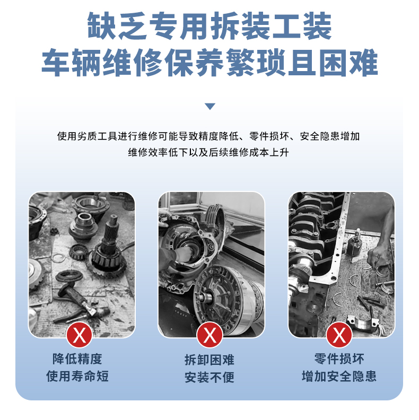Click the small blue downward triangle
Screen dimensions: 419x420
tap(210, 107)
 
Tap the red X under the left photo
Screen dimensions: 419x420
tap(80, 335)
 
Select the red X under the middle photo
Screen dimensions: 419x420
tap(210, 335)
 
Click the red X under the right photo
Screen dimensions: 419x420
tap(339, 335)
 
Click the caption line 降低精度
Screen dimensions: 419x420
tap(77, 359)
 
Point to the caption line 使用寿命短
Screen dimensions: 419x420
tap(77, 376)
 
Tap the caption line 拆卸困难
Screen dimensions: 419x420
tap(210, 360)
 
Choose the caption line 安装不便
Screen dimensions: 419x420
tap(210, 377)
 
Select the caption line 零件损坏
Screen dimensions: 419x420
tap(339, 359)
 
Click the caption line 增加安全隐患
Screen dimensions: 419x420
tap(339, 376)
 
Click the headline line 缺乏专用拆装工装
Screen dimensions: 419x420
tap(210, 26)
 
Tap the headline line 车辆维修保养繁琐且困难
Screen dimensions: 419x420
tap(210, 63)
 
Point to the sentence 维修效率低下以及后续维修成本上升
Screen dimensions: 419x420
tap(208, 152)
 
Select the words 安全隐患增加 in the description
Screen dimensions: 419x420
tap(330, 136)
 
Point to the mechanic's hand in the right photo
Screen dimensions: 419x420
tap(378, 257)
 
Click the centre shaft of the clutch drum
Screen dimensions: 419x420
tap(204, 297)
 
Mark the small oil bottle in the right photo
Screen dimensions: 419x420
tap(355, 243)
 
